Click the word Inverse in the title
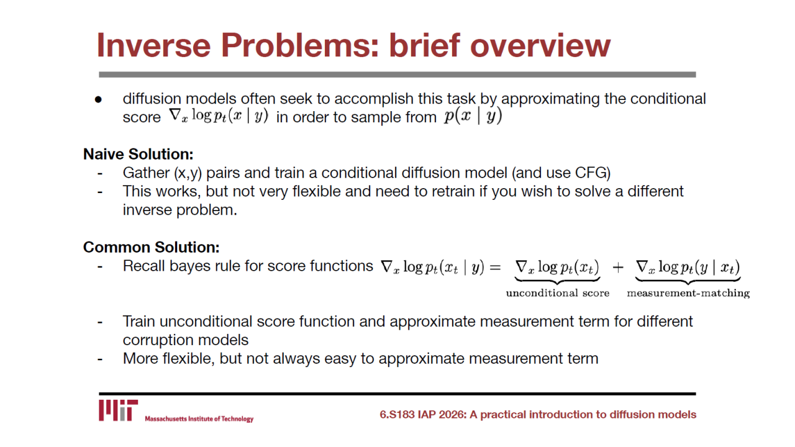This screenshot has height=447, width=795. click(x=153, y=45)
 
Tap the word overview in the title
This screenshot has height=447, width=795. click(x=540, y=45)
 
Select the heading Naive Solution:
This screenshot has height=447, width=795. click(x=138, y=154)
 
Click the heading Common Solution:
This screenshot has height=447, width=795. click(x=151, y=247)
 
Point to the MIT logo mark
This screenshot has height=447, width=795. click(x=118, y=410)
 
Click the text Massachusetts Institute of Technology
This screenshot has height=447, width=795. click(x=199, y=419)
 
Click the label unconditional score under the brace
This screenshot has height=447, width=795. click(x=558, y=293)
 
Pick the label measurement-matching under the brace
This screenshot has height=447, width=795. click(x=688, y=293)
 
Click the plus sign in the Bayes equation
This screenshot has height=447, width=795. click(x=618, y=268)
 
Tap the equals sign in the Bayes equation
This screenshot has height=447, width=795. click(x=496, y=268)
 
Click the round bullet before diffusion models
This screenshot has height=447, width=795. click(x=98, y=100)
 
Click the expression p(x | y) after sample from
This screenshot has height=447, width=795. click(x=473, y=116)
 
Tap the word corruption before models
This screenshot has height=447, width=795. click(x=158, y=340)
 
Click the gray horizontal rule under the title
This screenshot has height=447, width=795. click(x=397, y=74)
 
